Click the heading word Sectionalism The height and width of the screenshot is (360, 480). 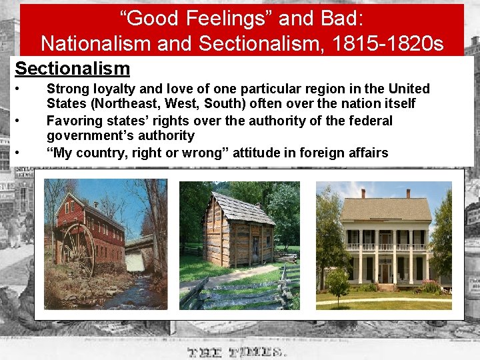click(x=72, y=69)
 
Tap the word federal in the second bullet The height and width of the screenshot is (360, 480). click(x=371, y=121)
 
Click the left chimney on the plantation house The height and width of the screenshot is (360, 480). click(x=363, y=193)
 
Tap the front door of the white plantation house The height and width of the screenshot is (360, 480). click(x=385, y=273)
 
